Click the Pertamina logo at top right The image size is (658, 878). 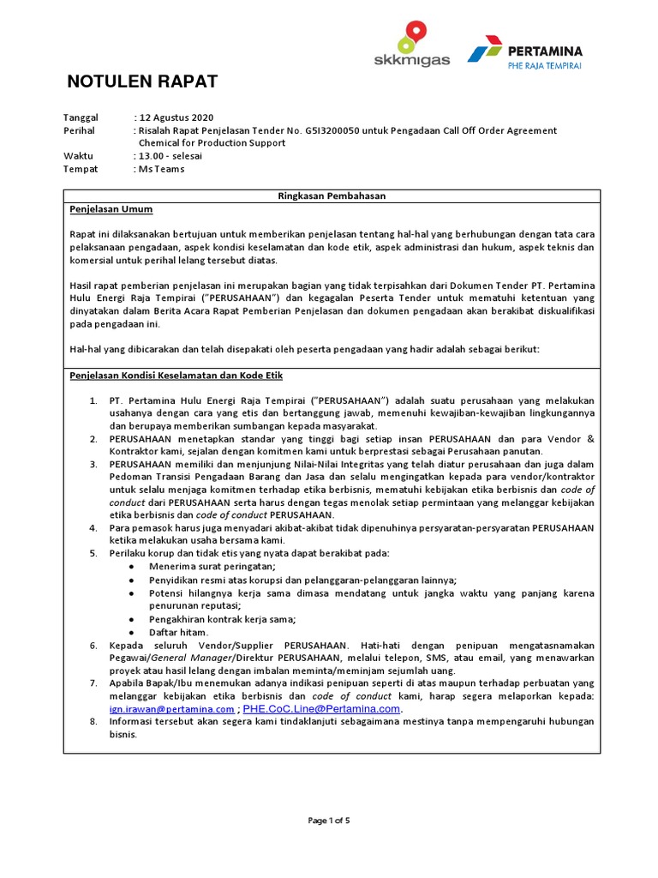[524, 55]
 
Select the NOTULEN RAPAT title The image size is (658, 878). [142, 82]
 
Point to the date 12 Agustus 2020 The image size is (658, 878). [176, 117]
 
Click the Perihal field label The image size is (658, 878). [80, 130]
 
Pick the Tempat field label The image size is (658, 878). [81, 169]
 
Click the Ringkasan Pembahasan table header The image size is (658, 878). [332, 196]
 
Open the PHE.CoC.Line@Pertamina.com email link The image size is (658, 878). [322, 710]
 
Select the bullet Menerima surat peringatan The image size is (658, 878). [212, 567]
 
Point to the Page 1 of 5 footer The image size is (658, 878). [330, 821]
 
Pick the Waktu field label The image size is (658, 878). [78, 156]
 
